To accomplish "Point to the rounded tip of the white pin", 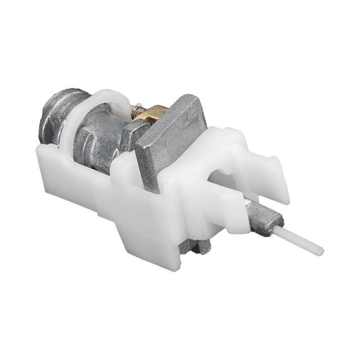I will pyautogui.click(x=320, y=250).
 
